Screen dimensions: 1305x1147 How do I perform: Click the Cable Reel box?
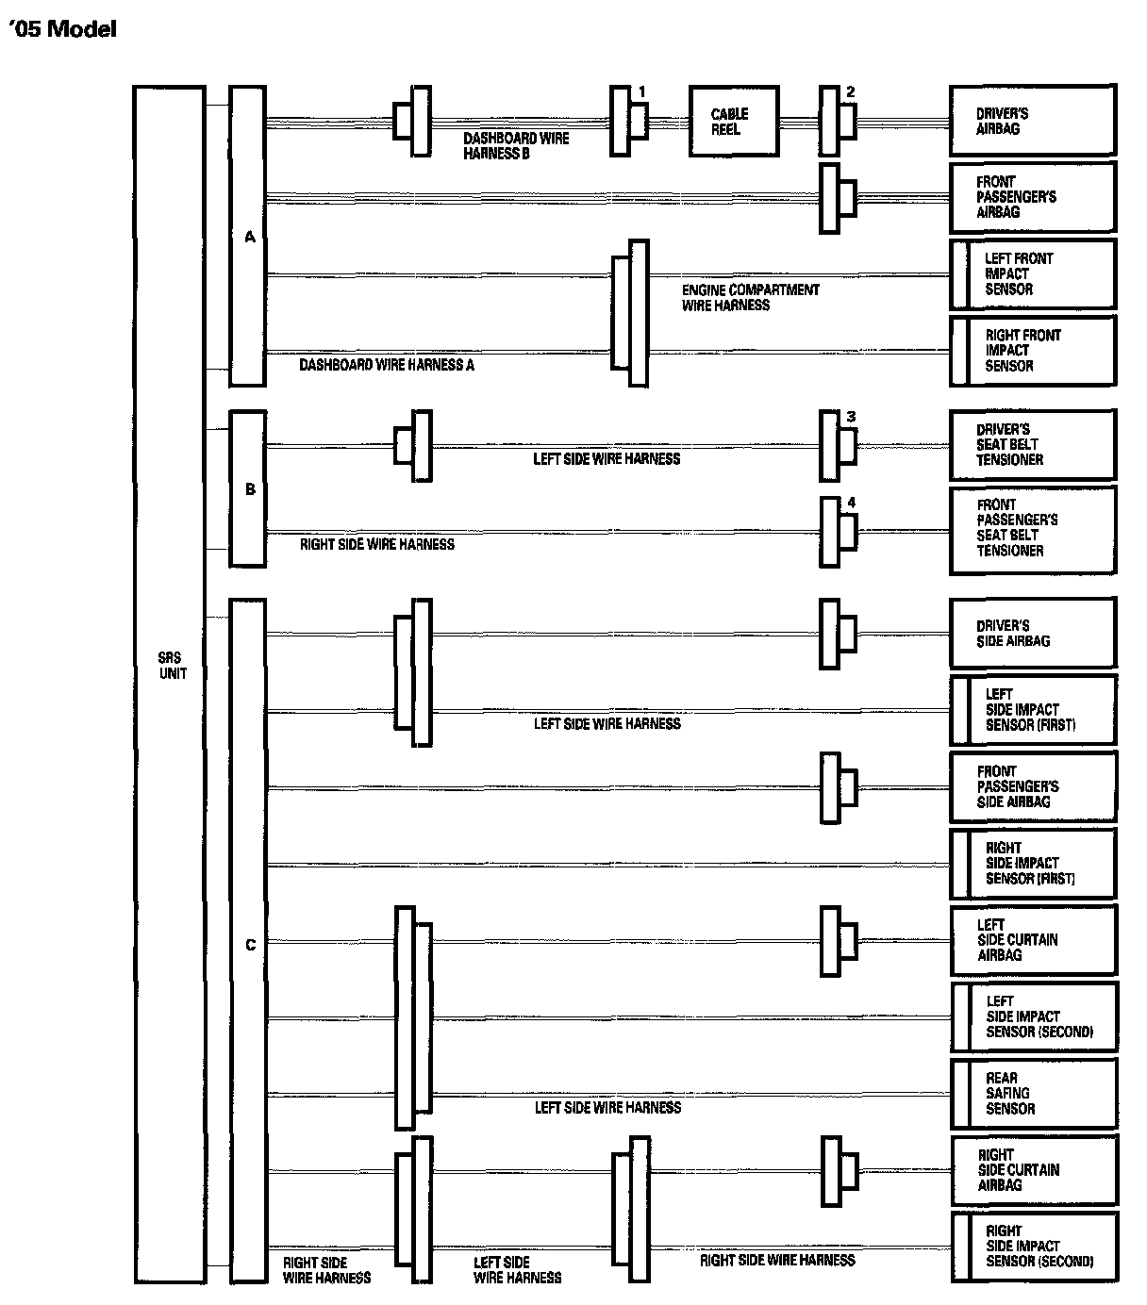(x=734, y=122)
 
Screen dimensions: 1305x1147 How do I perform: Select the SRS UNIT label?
(x=172, y=666)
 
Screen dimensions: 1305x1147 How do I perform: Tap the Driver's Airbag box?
(x=1032, y=121)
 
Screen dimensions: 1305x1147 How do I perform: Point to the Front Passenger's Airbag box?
(x=1032, y=197)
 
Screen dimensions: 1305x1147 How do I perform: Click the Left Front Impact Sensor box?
(x=1032, y=274)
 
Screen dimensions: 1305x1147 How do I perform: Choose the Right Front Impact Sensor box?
(x=1032, y=351)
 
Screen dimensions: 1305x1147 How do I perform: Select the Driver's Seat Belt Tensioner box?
(x=1032, y=444)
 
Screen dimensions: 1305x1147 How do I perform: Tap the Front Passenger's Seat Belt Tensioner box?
(x=1032, y=529)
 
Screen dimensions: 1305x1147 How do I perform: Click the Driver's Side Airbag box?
(x=1032, y=633)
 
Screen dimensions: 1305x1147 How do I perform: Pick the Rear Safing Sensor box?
(x=1032, y=1094)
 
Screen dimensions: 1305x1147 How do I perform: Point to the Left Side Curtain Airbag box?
(x=1032, y=940)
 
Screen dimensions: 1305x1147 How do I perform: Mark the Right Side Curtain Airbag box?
(x=1032, y=1170)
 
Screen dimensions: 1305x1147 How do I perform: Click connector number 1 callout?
(x=642, y=91)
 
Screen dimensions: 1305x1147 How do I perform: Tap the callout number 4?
(x=851, y=503)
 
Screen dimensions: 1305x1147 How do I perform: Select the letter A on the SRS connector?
(x=250, y=238)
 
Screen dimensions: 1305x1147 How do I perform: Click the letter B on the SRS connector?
(x=250, y=489)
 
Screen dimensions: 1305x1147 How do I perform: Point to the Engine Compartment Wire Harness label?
(x=751, y=298)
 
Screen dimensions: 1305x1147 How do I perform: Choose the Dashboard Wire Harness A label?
(x=387, y=365)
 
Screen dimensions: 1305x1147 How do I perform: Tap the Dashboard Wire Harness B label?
(x=515, y=146)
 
